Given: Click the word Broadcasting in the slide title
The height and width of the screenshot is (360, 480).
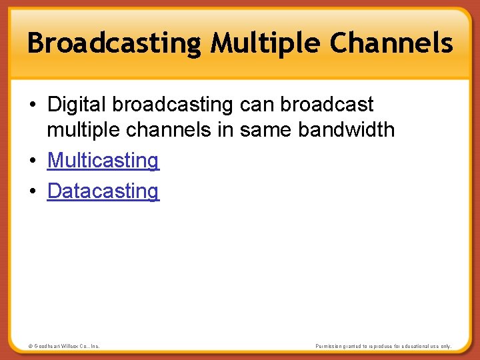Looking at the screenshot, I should (113, 44).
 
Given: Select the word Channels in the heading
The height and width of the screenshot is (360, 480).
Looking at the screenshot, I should (391, 44).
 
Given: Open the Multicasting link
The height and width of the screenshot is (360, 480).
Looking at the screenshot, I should (103, 161).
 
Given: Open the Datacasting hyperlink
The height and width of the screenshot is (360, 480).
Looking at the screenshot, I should (103, 191).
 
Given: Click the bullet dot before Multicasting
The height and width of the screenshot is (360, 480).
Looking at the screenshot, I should (33, 161).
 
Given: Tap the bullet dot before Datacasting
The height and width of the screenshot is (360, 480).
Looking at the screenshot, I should (33, 192).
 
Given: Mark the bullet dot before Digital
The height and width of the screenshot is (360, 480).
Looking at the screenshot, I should (33, 105).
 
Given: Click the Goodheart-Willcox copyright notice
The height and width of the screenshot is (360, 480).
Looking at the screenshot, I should (64, 346).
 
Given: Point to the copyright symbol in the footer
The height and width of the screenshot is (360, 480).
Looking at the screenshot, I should (30, 346).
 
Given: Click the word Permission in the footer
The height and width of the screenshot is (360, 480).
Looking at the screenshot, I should (331, 346).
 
